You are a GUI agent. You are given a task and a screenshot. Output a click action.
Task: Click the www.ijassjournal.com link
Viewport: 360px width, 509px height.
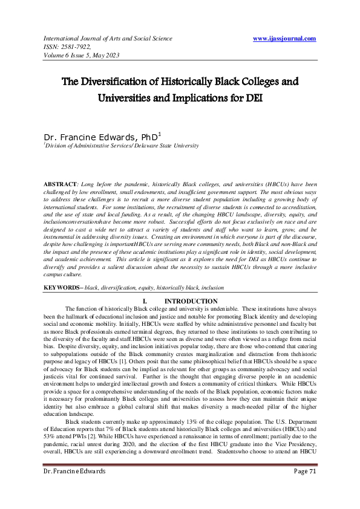284,38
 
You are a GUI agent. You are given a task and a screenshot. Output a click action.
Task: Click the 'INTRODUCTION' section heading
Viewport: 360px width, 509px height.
191,300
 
